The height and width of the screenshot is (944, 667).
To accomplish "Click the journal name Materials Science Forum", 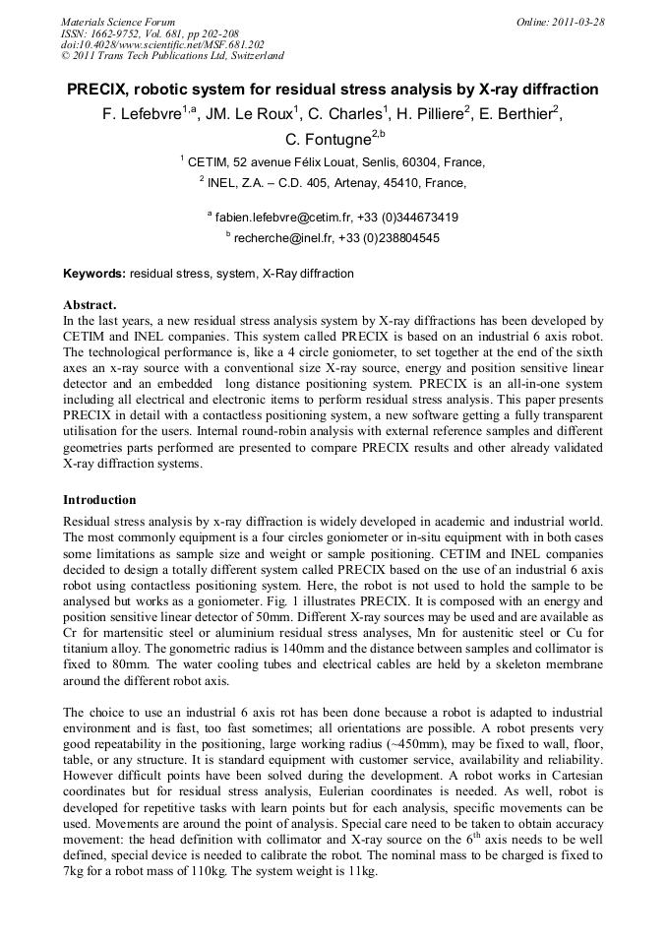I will click(118, 21).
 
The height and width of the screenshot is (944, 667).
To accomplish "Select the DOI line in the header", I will click(161, 44).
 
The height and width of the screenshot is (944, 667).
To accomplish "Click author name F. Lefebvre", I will click(142, 114).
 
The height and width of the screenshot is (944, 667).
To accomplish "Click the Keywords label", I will click(94, 273).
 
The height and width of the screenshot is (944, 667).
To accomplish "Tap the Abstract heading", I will click(90, 304).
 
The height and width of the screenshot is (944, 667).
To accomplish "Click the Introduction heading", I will click(99, 499).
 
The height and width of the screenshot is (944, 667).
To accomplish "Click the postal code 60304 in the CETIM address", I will click(421, 162).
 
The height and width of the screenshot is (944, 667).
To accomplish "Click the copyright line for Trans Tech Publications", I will click(172, 56).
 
